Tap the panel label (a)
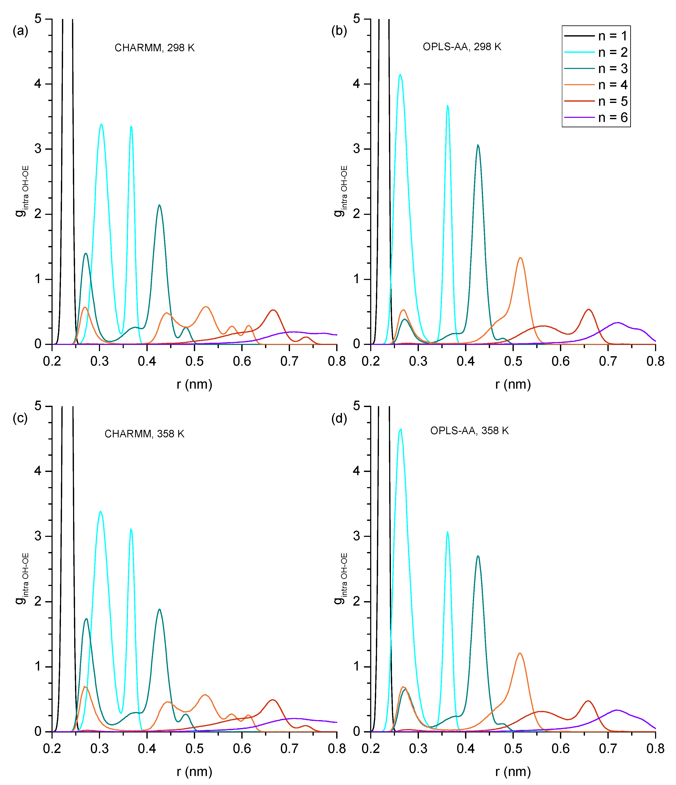click(x=21, y=31)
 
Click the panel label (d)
click(x=339, y=418)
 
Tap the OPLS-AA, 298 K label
click(x=462, y=47)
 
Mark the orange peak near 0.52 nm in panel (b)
click(x=520, y=258)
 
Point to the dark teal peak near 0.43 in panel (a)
click(x=159, y=205)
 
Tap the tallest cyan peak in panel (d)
click(x=400, y=430)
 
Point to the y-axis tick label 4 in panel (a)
click(x=38, y=84)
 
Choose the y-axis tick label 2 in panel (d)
click(x=356, y=602)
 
